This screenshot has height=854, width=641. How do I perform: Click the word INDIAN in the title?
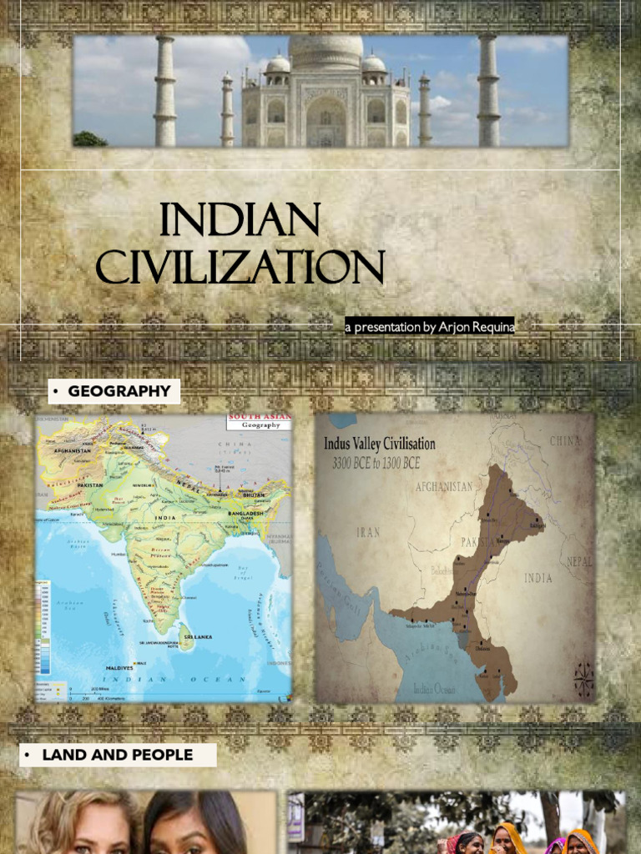point(240,220)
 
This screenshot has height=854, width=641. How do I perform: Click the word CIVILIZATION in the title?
point(240,267)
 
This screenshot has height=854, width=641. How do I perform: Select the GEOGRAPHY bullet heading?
point(119,391)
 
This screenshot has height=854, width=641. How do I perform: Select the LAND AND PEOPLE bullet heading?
point(117,755)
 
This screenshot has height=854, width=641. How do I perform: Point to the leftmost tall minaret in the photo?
point(165,92)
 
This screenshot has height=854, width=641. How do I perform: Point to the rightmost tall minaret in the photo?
point(488,92)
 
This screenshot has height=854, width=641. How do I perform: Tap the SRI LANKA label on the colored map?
point(199,636)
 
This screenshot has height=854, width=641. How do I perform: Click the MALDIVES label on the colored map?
point(120,668)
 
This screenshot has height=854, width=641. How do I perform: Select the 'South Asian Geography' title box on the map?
point(260,420)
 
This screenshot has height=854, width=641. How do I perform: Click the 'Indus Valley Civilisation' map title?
point(380,445)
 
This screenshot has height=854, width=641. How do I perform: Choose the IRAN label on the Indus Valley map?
point(368,531)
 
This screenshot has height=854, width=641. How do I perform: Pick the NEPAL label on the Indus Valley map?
point(579,561)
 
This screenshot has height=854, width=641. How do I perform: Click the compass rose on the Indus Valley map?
point(584,680)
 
